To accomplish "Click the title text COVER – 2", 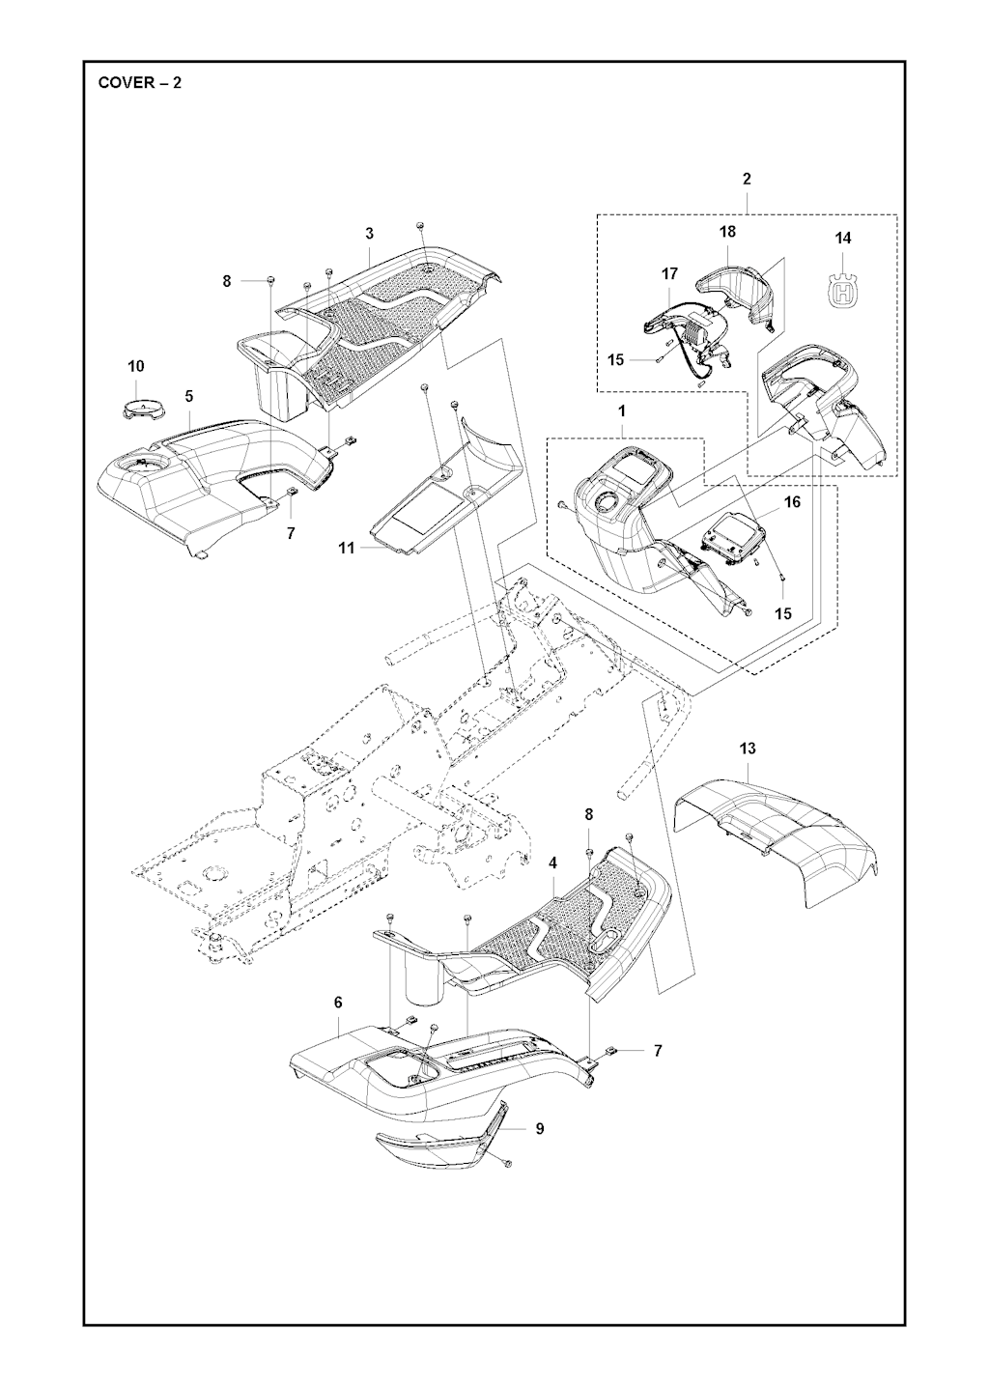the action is pyautogui.click(x=140, y=83).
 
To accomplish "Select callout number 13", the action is pyautogui.click(x=748, y=749).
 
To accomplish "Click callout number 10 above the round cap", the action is pyautogui.click(x=136, y=366).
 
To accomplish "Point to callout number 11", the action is pyautogui.click(x=347, y=549).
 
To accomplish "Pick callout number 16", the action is pyautogui.click(x=792, y=502).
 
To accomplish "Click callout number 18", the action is pyautogui.click(x=728, y=232).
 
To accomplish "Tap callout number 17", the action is pyautogui.click(x=669, y=273).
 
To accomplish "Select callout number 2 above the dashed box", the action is pyautogui.click(x=747, y=180).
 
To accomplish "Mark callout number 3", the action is pyautogui.click(x=370, y=234).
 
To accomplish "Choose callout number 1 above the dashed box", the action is pyautogui.click(x=622, y=411).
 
